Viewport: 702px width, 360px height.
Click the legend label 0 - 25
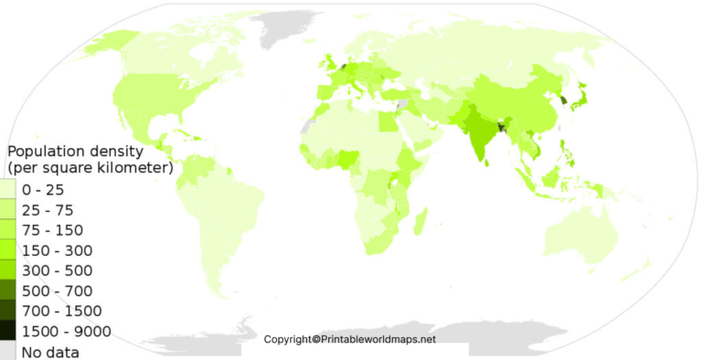click(x=42, y=190)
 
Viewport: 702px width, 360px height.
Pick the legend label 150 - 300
click(x=57, y=250)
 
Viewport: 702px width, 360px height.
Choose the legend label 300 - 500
click(x=57, y=270)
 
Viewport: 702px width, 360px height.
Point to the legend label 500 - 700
click(x=57, y=291)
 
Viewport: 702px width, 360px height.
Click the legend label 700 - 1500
click(x=61, y=311)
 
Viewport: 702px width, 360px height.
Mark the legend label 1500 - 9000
click(x=66, y=331)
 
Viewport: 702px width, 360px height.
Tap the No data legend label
click(x=50, y=352)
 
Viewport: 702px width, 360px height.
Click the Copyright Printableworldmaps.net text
click(x=350, y=339)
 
